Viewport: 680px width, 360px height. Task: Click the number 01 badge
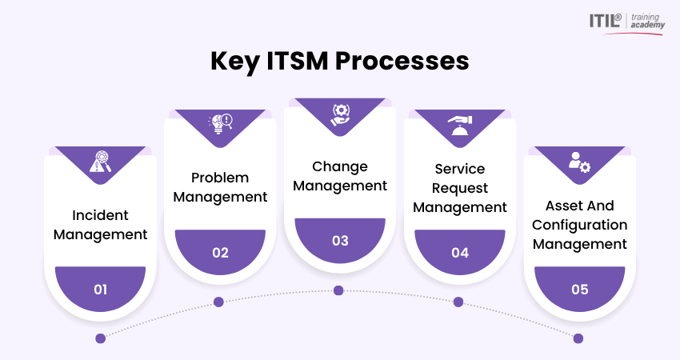point(100,289)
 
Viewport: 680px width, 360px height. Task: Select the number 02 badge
point(220,251)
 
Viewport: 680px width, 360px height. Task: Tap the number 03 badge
point(340,240)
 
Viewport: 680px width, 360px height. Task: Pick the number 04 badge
point(460,251)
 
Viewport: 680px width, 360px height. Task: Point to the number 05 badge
point(580,289)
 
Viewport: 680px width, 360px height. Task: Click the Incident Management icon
point(100,162)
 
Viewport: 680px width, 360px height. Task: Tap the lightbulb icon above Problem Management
point(220,124)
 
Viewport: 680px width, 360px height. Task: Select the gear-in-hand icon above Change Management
point(340,115)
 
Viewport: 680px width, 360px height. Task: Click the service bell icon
point(460,126)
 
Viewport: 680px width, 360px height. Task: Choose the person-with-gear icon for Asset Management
point(580,162)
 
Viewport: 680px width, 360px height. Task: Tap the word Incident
point(100,215)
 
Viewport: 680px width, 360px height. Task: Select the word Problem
point(220,178)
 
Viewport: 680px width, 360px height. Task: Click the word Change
point(340,166)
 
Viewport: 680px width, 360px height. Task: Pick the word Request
point(460,188)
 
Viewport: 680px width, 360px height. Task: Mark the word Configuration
point(580,225)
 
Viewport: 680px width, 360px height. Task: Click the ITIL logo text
point(605,21)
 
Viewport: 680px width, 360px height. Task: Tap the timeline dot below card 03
point(338,290)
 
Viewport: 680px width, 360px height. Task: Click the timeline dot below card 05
point(578,338)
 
